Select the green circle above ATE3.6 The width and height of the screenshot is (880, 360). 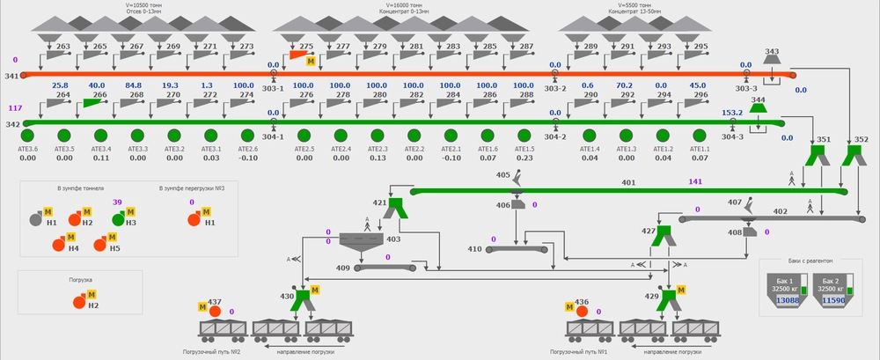pos(27,136)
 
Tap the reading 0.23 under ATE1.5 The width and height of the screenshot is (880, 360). pos(524,158)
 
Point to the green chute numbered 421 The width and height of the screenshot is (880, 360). pos(395,208)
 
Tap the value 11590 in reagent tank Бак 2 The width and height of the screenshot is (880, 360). pos(832,301)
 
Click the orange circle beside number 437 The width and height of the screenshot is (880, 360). pos(215,311)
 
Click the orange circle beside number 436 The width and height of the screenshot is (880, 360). pos(581,311)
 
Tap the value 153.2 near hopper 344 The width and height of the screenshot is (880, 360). pos(732,113)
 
